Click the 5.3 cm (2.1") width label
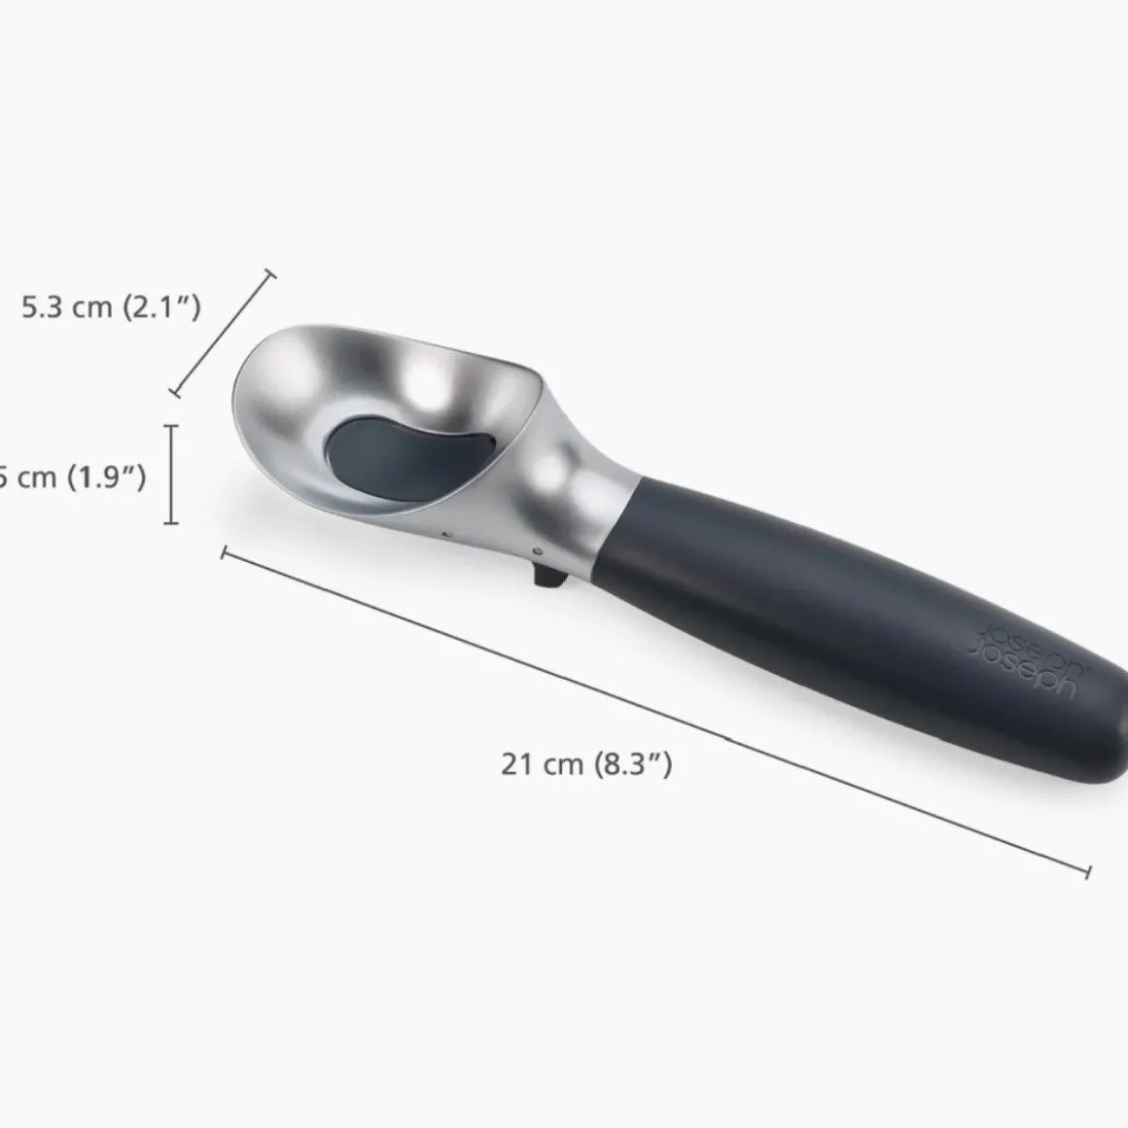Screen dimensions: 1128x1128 click(111, 307)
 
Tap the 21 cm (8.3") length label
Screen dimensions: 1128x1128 click(586, 763)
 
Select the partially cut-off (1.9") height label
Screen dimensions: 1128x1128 click(73, 476)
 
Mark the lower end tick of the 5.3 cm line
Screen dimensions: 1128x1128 click(175, 393)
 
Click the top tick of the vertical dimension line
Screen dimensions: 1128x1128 click(172, 426)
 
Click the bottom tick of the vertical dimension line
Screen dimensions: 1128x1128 click(172, 523)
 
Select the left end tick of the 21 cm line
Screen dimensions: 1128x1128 click(225, 553)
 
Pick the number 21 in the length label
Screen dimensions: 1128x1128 click(515, 764)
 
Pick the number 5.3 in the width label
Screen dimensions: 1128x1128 click(41, 307)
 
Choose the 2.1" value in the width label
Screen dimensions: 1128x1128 click(161, 307)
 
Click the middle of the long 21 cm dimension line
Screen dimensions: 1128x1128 click(656, 712)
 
